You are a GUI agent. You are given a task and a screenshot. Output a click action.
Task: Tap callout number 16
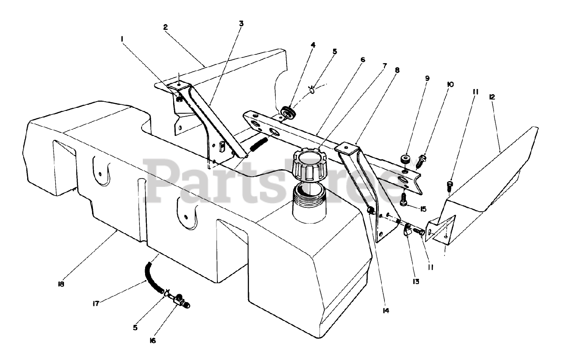(152, 341)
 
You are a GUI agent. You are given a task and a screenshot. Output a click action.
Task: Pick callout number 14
(385, 310)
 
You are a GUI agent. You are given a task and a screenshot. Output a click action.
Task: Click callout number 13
(415, 281)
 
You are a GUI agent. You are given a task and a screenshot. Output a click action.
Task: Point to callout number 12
(492, 97)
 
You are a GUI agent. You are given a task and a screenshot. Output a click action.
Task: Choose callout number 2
(165, 27)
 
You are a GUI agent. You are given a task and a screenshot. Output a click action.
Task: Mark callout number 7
(384, 65)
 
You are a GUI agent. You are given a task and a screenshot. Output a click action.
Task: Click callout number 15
(423, 209)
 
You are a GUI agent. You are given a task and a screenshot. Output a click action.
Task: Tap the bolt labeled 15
(404, 200)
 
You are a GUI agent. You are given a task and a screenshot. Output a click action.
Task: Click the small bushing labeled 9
(405, 159)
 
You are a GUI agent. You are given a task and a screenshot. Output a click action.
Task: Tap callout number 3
(241, 24)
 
